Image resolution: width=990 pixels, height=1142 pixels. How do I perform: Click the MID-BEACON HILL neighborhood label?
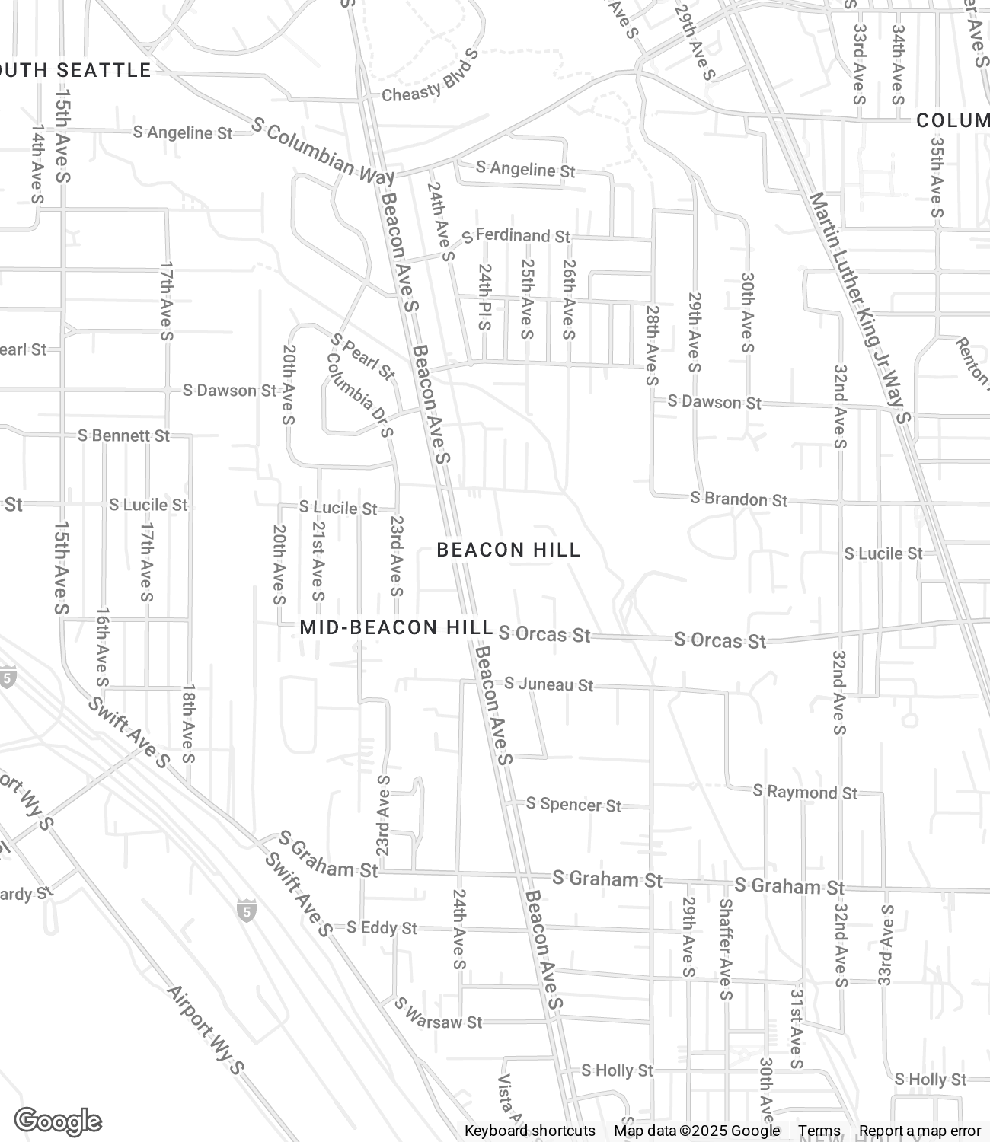(396, 627)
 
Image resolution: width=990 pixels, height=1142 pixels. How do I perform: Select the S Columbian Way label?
(323, 152)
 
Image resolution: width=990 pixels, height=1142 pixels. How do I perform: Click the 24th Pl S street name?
(485, 297)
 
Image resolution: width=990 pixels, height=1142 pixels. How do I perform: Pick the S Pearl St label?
(364, 356)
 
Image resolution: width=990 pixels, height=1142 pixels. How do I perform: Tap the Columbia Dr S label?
(360, 395)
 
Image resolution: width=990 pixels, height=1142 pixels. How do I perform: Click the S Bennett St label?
(124, 435)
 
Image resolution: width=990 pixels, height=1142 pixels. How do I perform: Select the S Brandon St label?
(739, 499)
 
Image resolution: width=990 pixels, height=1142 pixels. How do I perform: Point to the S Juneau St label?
(548, 684)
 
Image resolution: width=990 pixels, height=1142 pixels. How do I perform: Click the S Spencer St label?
(573, 804)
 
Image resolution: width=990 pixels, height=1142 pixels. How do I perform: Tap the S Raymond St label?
(805, 792)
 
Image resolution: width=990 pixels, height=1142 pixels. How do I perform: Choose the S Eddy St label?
(382, 927)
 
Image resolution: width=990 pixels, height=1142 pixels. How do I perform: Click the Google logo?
(58, 1121)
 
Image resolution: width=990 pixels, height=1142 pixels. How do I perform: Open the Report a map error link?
(920, 1131)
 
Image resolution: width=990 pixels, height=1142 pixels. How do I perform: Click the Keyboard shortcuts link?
(530, 1131)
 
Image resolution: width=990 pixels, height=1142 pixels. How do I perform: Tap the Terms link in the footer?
(819, 1131)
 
